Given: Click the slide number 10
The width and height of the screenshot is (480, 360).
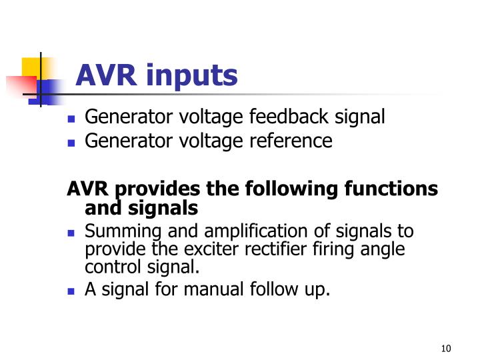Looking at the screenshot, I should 446,349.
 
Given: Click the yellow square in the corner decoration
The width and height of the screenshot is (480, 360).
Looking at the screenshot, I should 32,67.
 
